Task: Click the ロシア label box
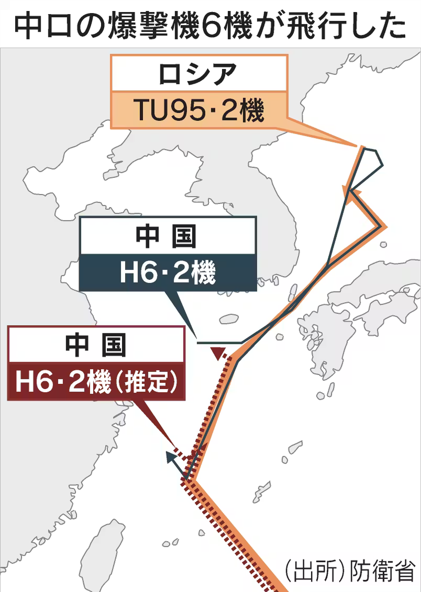(x=198, y=75)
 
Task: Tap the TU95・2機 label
(x=198, y=110)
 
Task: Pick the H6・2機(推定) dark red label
(x=96, y=382)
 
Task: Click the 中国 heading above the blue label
(x=167, y=237)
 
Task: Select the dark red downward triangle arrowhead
(x=217, y=353)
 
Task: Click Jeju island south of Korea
(x=229, y=319)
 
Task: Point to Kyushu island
(x=321, y=336)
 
